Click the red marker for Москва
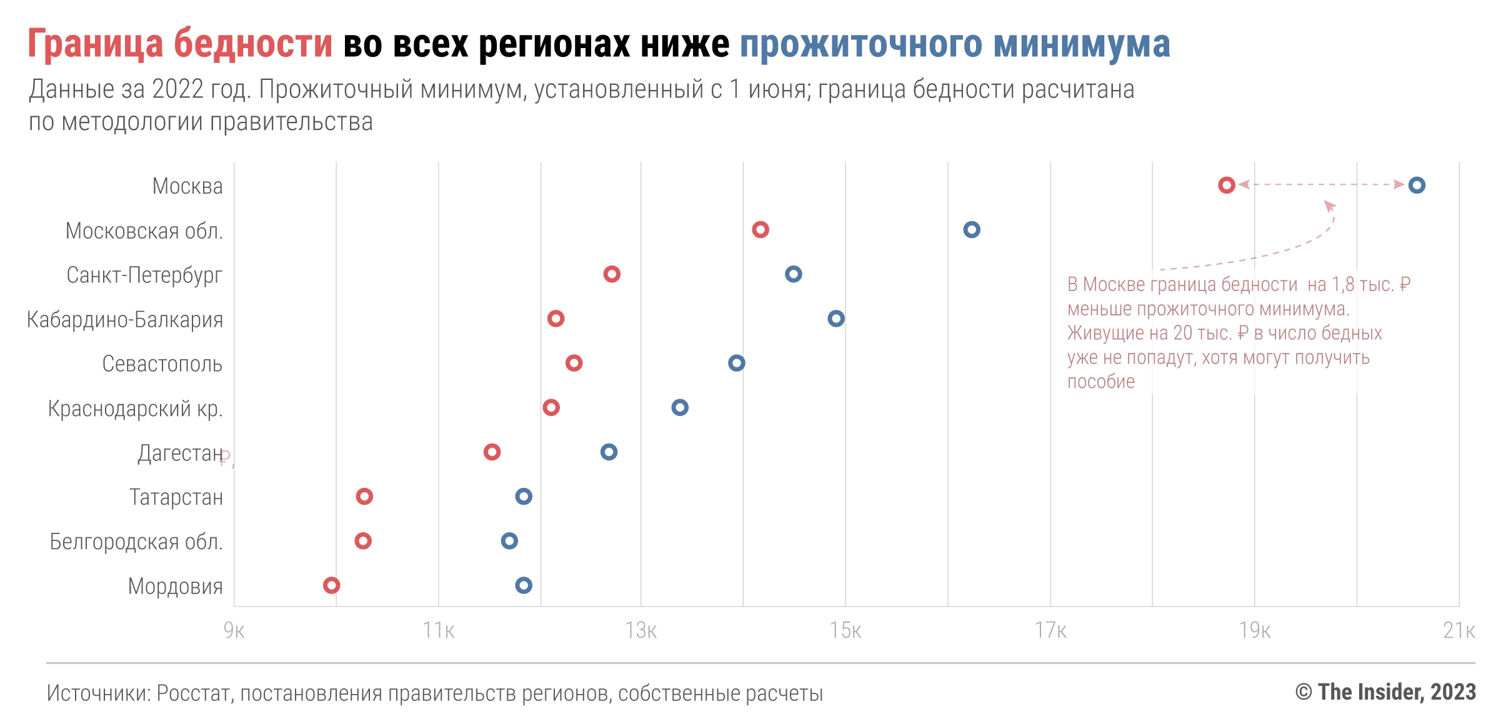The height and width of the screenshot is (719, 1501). coord(1226,185)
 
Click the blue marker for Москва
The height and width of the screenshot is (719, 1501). coord(1417,185)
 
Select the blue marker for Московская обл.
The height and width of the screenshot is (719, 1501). coord(971,229)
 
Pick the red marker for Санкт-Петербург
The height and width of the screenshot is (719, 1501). coord(612,274)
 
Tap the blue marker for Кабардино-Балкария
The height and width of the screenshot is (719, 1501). coord(836,319)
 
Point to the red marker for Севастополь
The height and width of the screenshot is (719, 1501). coord(574,363)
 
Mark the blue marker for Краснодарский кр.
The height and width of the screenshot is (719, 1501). coord(680,407)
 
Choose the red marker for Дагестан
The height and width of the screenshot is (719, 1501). coord(492,452)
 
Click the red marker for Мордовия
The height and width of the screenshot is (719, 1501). coord(331,585)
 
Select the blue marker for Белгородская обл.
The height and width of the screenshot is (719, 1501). coord(509,540)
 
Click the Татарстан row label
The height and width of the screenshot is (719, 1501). coord(176,497)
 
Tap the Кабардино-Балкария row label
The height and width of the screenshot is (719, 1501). coord(125,319)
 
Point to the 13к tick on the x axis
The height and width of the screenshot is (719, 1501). coord(641,630)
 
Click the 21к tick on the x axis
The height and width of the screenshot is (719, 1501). coord(1459,630)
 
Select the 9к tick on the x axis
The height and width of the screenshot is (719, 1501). coord(234,630)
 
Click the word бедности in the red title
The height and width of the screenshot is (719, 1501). coord(252,44)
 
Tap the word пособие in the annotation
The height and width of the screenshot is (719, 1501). coord(1100,382)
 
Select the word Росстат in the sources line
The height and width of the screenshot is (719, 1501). coord(194,693)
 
